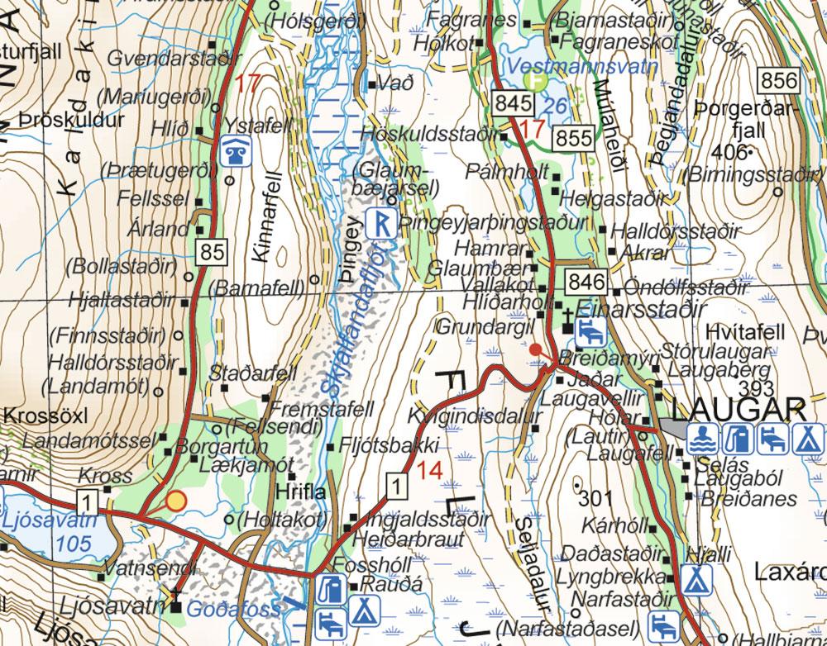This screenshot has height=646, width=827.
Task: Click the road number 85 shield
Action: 212,252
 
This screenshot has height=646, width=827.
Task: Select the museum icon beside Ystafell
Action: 233,151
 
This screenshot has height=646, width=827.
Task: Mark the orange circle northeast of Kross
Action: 175,500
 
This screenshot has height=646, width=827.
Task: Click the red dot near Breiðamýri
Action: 536,349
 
